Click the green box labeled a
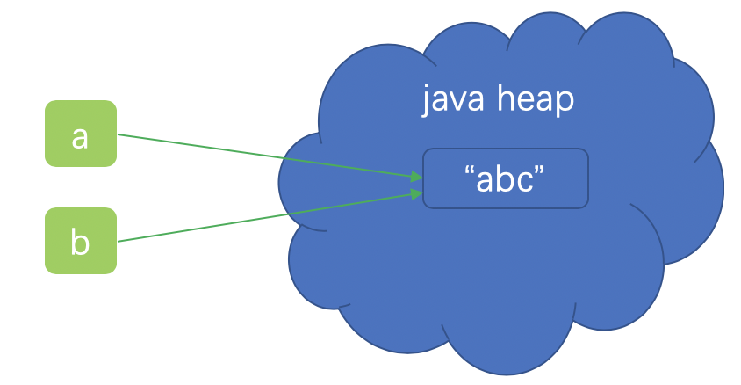tap(81, 134)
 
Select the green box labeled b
tap(81, 240)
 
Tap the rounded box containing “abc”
tap(505, 178)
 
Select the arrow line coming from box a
tap(263, 156)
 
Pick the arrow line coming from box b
tap(263, 217)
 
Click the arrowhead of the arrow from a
tap(416, 177)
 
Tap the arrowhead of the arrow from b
tap(416, 192)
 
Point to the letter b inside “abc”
tap(504, 178)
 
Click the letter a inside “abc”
tap(485, 179)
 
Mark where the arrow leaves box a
tap(118, 134)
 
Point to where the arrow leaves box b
tap(118, 240)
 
